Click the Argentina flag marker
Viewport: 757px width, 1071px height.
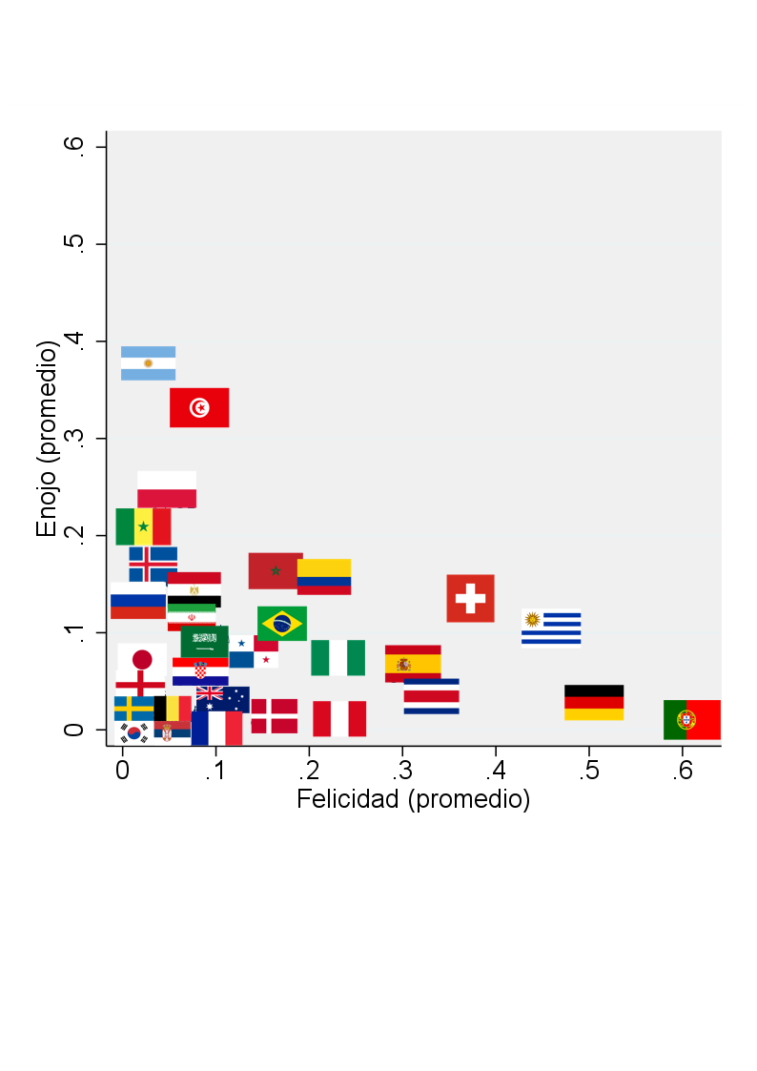(x=148, y=363)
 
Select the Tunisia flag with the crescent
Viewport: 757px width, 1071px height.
(x=199, y=408)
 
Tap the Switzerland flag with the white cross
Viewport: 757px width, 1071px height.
(x=470, y=598)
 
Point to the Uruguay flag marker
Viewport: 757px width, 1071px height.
(x=551, y=627)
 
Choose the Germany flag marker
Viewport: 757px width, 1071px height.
(x=594, y=702)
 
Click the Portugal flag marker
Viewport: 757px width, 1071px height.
(x=692, y=720)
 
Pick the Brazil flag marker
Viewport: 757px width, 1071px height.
(x=282, y=623)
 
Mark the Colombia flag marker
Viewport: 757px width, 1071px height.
(x=324, y=577)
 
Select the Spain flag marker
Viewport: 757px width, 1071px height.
(x=413, y=663)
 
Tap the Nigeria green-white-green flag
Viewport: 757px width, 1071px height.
(x=338, y=658)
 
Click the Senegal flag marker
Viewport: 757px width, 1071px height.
(x=143, y=526)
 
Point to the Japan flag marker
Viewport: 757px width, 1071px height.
(x=142, y=660)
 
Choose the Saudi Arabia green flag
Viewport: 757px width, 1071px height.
(x=205, y=642)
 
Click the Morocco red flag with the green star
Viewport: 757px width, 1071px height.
(x=276, y=571)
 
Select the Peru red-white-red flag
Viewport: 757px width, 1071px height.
(x=339, y=718)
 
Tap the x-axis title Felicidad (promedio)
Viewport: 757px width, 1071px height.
(x=413, y=799)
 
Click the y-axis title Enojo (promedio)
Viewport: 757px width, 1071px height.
(x=47, y=439)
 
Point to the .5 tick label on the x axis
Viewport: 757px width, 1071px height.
(x=588, y=771)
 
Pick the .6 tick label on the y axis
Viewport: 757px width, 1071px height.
(x=73, y=146)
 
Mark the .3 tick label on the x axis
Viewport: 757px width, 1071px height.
(x=402, y=771)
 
